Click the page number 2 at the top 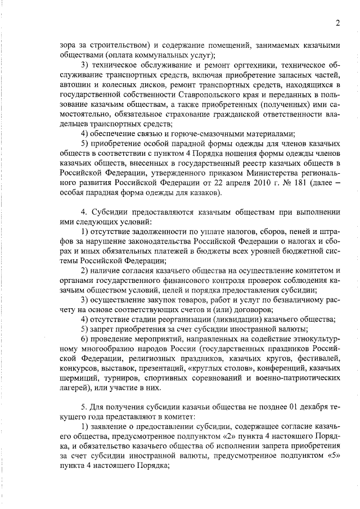(x=337, y=23)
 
